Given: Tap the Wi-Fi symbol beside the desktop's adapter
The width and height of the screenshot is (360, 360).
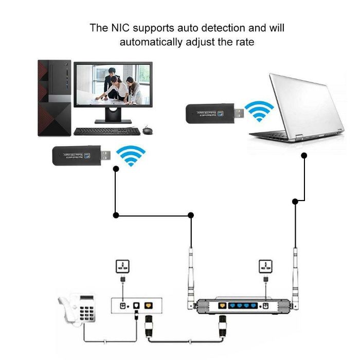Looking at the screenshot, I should tap(131, 155).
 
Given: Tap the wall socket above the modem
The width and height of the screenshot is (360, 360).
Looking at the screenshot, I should tap(122, 267).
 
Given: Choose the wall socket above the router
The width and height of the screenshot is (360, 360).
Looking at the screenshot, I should tap(265, 267).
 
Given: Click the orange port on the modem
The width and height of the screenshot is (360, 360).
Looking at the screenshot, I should tap(149, 306).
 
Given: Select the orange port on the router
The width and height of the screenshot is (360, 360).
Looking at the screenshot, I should tap(222, 305).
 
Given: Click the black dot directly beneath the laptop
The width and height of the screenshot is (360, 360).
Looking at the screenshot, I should tap(304, 155).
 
